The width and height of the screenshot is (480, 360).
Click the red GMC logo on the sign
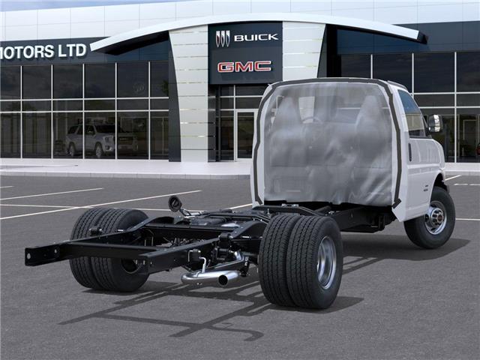pyautogui.click(x=244, y=67)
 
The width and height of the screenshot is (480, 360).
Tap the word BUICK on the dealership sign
pyautogui.click(x=255, y=37)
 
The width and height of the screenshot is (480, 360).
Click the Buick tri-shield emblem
pyautogui.click(x=223, y=38)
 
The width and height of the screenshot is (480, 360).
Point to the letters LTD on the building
pyautogui.click(x=73, y=50)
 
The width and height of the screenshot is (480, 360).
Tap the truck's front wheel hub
pyautogui.click(x=435, y=217)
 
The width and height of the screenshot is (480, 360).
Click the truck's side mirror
pyautogui.click(x=434, y=123)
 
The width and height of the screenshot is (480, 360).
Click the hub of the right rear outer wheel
pyautogui.click(x=326, y=262)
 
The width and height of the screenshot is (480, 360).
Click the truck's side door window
pyautogui.click(x=411, y=114)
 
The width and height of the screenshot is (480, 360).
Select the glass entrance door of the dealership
pyautogui.click(x=245, y=135)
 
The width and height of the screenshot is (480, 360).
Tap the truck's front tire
pyautogui.click(x=430, y=218)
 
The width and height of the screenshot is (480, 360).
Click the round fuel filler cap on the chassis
pyautogui.click(x=175, y=203)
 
